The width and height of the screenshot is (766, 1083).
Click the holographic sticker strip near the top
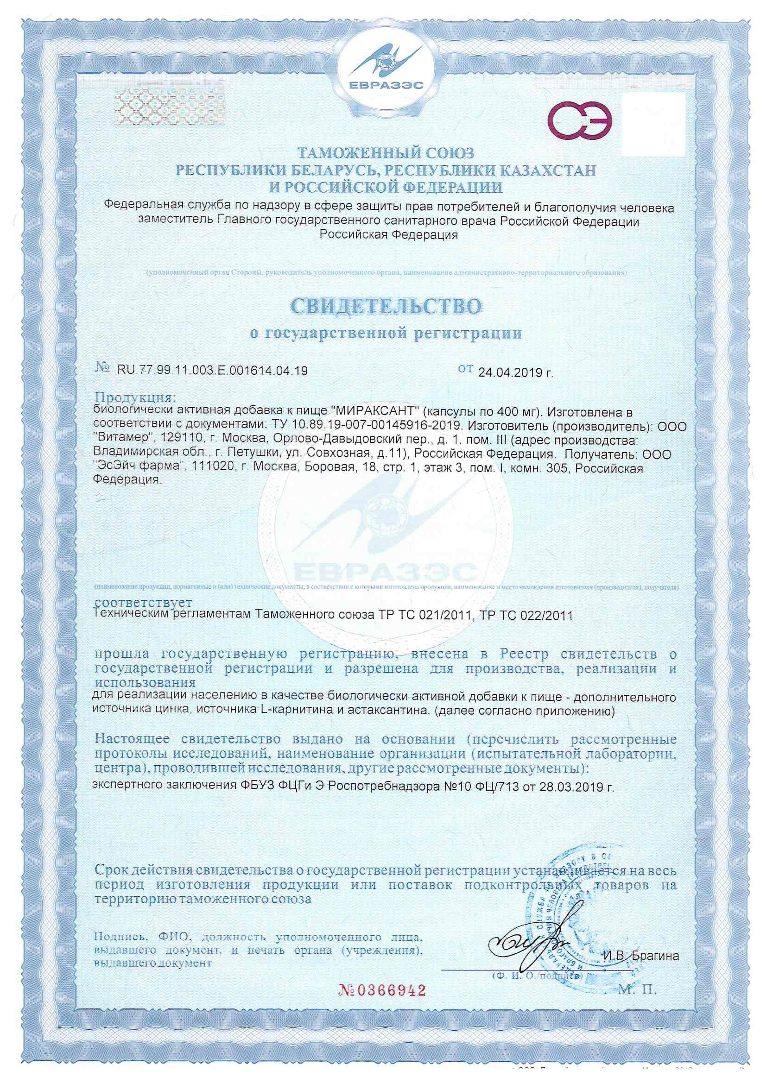pyautogui.click(x=170, y=107)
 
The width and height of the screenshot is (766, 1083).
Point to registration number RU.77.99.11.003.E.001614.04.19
pyautogui.click(x=212, y=371)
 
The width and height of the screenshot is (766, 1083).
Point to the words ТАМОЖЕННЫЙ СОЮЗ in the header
pyautogui.click(x=385, y=153)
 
